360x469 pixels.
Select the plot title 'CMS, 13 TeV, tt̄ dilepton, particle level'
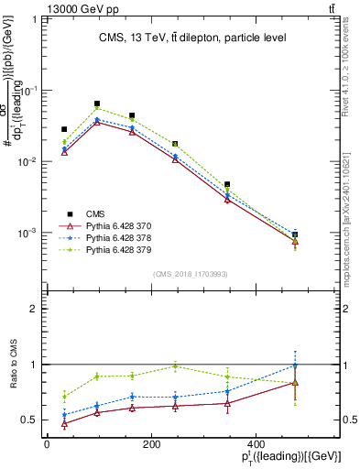(x=192, y=38)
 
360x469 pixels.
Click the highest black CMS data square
(x=97, y=104)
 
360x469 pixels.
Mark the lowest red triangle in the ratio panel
(x=64, y=424)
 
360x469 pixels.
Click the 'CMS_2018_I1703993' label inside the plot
(x=190, y=274)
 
